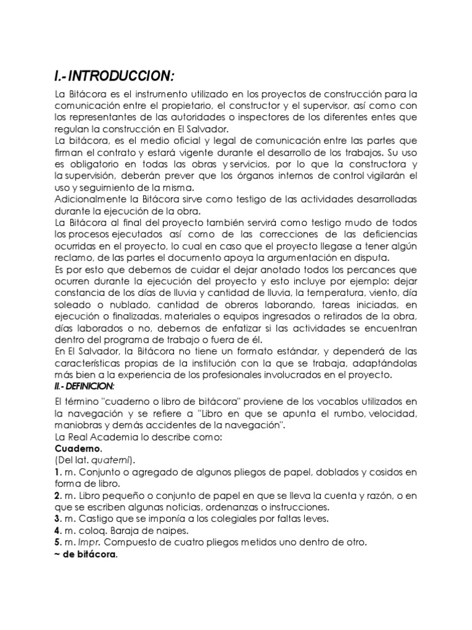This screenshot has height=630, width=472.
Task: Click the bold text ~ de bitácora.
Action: [x=86, y=554]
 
